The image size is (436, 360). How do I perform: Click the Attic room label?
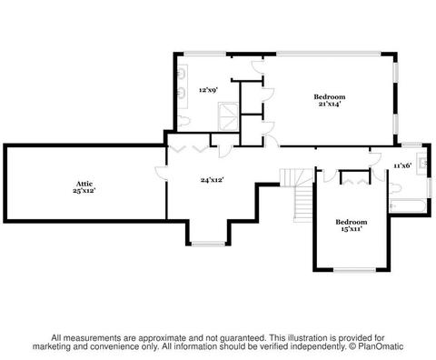click(84, 184)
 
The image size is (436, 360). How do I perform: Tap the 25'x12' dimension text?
click(84, 191)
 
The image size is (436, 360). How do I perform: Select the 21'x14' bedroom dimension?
click(330, 104)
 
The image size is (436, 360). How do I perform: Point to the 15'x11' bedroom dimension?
click(352, 229)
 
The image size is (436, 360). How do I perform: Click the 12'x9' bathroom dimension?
click(209, 90)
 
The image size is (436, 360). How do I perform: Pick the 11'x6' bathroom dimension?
click(402, 165)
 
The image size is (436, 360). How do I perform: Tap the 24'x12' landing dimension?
click(212, 180)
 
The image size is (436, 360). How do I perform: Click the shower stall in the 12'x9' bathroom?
click(229, 116)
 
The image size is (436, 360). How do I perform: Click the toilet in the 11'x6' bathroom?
click(395, 188)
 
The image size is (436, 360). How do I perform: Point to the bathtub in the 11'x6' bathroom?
click(408, 206)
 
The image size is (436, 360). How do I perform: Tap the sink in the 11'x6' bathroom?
click(422, 164)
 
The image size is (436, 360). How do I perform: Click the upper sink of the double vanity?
click(182, 73)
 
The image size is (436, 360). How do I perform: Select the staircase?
click(300, 195)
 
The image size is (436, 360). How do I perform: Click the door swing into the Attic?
click(160, 174)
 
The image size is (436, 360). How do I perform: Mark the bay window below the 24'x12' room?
click(208, 244)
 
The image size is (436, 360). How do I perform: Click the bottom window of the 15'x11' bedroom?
click(354, 270)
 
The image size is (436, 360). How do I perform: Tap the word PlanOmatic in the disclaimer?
click(381, 346)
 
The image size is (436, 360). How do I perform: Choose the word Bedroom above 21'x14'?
click(330, 97)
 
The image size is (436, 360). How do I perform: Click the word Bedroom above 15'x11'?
click(352, 222)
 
